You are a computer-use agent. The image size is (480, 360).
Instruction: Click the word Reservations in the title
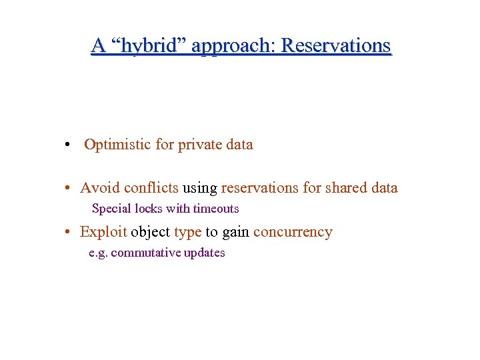[x=336, y=45]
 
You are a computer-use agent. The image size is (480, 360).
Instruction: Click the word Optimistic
[x=118, y=145]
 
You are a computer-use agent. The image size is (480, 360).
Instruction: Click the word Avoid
[x=100, y=188]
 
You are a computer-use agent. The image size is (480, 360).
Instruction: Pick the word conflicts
[x=151, y=188]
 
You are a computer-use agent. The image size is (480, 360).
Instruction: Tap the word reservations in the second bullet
[x=261, y=188]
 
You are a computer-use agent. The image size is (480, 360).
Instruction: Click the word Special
[x=111, y=209]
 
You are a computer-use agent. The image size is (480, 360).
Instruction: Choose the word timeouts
[x=216, y=209]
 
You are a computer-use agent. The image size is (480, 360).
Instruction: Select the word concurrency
[x=293, y=233]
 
